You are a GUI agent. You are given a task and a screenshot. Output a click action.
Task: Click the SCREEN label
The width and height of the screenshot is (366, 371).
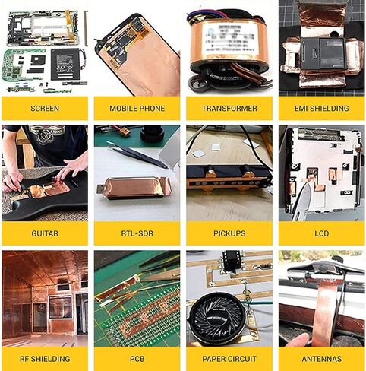pyautogui.click(x=45, y=109)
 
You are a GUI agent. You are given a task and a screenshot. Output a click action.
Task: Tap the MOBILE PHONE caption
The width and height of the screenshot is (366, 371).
pyautogui.click(x=137, y=109)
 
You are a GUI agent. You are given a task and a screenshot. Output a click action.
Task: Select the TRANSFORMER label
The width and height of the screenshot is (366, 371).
pyautogui.click(x=229, y=109)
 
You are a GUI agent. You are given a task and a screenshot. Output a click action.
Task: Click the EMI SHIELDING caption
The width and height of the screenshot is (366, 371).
pyautogui.click(x=322, y=109)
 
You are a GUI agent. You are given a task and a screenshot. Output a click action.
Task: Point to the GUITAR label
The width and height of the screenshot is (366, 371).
pyautogui.click(x=45, y=233)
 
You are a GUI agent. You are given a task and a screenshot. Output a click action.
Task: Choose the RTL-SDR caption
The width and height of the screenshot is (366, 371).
pyautogui.click(x=137, y=233)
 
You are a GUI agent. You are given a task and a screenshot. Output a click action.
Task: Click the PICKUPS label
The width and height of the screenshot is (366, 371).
pyautogui.click(x=229, y=233)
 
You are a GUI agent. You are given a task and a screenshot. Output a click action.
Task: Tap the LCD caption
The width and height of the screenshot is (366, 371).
pyautogui.click(x=322, y=233)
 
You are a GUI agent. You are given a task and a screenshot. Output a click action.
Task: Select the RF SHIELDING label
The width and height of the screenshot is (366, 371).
pyautogui.click(x=45, y=359)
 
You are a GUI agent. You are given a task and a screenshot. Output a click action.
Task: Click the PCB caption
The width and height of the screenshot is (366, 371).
pyautogui.click(x=137, y=359)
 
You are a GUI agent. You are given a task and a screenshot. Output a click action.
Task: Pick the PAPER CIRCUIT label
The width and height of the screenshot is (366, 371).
pyautogui.click(x=229, y=359)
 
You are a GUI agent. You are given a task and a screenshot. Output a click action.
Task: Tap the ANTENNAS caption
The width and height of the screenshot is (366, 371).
pyautogui.click(x=322, y=359)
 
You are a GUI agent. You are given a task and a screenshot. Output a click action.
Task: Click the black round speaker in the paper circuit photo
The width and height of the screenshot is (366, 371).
pyautogui.click(x=217, y=316)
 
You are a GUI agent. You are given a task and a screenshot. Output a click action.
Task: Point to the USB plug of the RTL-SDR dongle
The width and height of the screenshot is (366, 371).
pyautogui.click(x=100, y=189)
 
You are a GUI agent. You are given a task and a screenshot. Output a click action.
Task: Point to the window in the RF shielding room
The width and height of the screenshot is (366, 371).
pyautogui.click(x=61, y=306)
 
